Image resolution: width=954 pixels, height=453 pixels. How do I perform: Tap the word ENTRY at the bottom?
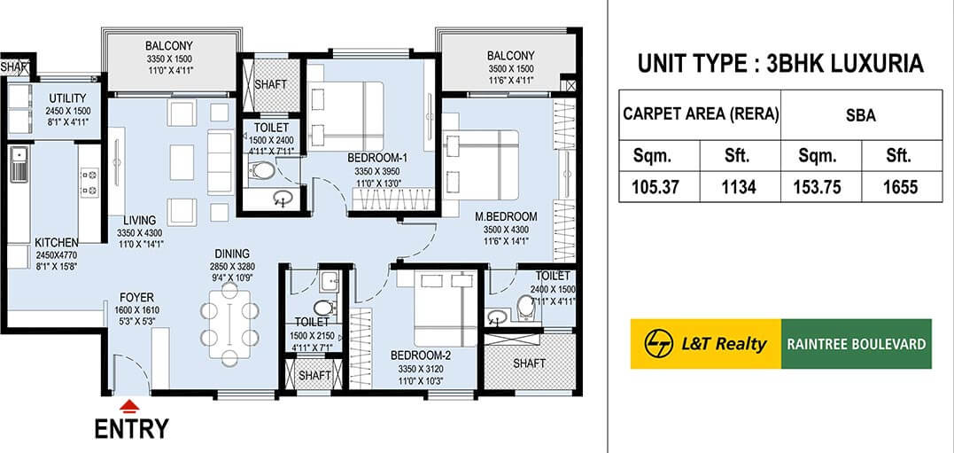tap(131, 429)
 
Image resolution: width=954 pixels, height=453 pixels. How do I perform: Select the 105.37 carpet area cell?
tap(660, 187)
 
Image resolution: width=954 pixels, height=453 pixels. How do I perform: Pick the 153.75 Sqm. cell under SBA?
tap(818, 187)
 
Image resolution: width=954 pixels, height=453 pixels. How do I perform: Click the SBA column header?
tap(859, 114)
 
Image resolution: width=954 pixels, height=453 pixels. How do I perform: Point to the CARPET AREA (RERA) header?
tap(700, 114)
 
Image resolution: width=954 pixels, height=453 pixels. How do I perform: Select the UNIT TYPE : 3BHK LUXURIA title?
tap(779, 64)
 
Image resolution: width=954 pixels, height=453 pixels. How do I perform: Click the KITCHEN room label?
tap(57, 242)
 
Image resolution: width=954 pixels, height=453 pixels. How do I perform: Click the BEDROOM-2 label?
tap(422, 355)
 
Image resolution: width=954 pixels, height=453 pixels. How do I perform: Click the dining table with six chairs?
tap(229, 324)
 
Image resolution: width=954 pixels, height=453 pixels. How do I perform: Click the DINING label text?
tap(231, 253)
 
